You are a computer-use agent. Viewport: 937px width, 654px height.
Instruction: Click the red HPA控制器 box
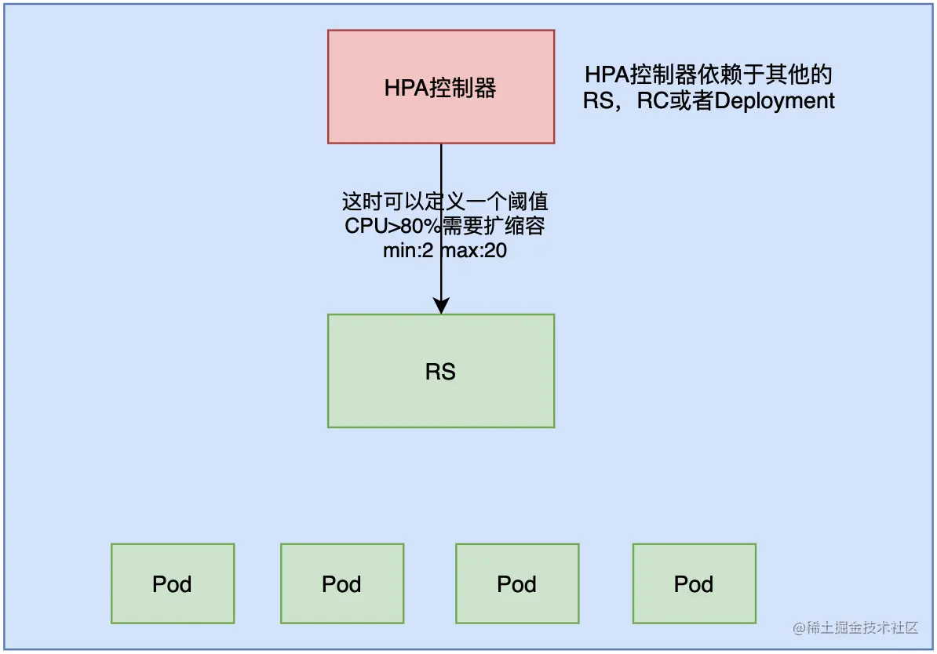[441, 87]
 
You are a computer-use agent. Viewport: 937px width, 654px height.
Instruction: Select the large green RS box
[441, 371]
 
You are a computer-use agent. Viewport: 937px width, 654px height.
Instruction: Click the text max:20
[474, 252]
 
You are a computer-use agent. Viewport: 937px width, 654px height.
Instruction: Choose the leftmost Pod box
[173, 583]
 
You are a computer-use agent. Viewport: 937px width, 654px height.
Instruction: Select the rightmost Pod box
[694, 583]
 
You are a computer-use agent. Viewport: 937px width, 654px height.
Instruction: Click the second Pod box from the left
[342, 583]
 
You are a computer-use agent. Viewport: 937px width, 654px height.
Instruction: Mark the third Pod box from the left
[517, 583]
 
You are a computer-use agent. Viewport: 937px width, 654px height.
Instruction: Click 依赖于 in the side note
[734, 75]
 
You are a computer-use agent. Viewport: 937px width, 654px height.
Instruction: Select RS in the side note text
[596, 101]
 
